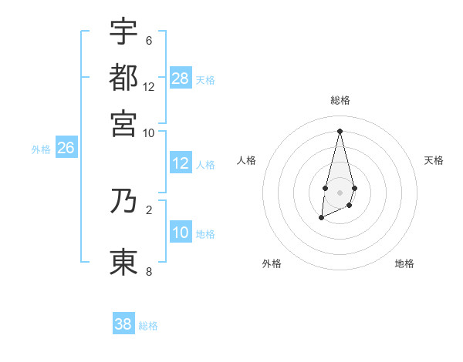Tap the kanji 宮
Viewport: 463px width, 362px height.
click(123, 123)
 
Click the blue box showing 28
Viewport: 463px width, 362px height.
click(181, 78)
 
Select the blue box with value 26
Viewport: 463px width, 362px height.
click(66, 148)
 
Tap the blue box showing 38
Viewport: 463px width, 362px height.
click(123, 324)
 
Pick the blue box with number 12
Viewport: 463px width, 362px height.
click(181, 163)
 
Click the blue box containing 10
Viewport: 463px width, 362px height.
click(181, 233)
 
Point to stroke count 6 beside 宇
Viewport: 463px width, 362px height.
click(148, 40)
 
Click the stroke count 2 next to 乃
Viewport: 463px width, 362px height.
click(148, 209)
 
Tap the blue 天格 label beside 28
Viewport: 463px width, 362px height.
click(205, 79)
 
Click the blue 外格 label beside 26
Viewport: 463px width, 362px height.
click(41, 149)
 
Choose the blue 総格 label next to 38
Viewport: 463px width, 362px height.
click(148, 326)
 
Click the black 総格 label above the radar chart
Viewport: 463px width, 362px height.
click(340, 100)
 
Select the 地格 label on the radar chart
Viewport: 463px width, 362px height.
click(404, 263)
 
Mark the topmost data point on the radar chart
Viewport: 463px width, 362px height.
click(340, 130)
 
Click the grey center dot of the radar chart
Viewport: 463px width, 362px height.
click(340, 192)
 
